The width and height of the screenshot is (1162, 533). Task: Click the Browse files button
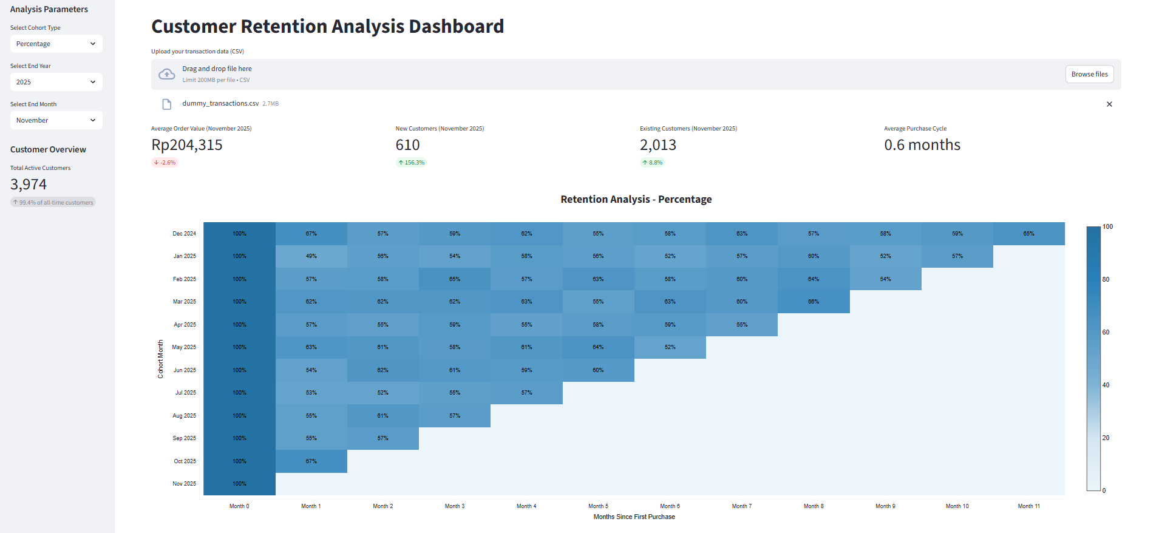tap(1089, 74)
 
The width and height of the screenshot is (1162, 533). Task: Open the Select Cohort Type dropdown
tap(56, 44)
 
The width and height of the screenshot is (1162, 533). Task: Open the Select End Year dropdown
tap(56, 82)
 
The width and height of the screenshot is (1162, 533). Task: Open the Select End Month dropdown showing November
tap(56, 120)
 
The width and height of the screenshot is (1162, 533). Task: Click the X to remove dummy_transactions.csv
tap(1109, 104)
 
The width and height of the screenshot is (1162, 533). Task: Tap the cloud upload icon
tap(166, 74)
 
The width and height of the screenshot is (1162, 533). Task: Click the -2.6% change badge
tap(165, 163)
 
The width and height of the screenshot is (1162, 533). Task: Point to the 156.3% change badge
tap(411, 163)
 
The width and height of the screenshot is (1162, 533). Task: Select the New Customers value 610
tap(407, 145)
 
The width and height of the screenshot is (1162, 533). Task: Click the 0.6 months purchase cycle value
tap(922, 145)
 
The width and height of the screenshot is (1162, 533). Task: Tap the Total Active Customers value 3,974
tap(29, 185)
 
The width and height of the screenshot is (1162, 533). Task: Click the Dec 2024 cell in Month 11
tap(1029, 234)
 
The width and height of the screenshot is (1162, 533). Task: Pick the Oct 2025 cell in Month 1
tap(311, 461)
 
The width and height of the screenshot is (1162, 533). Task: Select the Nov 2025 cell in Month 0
tap(239, 484)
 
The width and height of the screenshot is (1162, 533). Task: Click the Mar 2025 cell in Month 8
tap(814, 302)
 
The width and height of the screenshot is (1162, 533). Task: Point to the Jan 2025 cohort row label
tap(185, 256)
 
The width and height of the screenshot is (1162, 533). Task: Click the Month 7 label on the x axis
tap(742, 506)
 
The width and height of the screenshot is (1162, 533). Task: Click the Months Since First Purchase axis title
tap(634, 517)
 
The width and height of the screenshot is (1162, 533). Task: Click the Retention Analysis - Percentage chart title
tap(636, 199)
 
